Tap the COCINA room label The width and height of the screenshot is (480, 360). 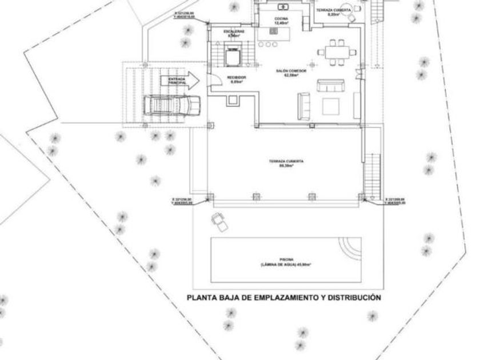click(x=281, y=22)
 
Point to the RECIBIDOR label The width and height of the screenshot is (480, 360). click(x=236, y=79)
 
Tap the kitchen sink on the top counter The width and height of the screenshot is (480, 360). click(x=283, y=7)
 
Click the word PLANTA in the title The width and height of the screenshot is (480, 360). click(x=201, y=298)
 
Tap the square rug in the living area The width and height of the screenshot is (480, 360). click(x=330, y=106)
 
